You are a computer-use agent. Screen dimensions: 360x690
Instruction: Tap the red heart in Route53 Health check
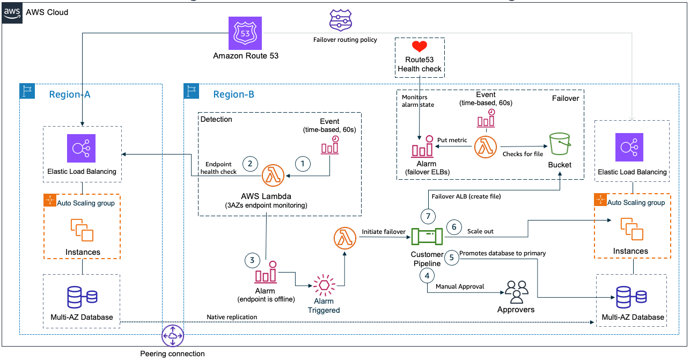click(x=420, y=47)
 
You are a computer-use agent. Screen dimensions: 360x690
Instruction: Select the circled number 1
click(x=303, y=163)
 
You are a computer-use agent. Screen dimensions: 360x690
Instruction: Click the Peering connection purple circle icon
click(x=173, y=336)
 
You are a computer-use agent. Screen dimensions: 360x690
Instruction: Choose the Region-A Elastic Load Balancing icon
click(x=82, y=148)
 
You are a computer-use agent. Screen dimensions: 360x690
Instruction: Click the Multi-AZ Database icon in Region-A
click(x=82, y=297)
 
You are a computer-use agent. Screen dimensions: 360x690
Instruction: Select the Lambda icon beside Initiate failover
click(x=344, y=238)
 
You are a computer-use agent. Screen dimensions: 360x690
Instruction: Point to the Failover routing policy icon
click(x=340, y=21)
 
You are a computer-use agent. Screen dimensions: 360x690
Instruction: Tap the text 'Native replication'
click(x=232, y=317)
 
